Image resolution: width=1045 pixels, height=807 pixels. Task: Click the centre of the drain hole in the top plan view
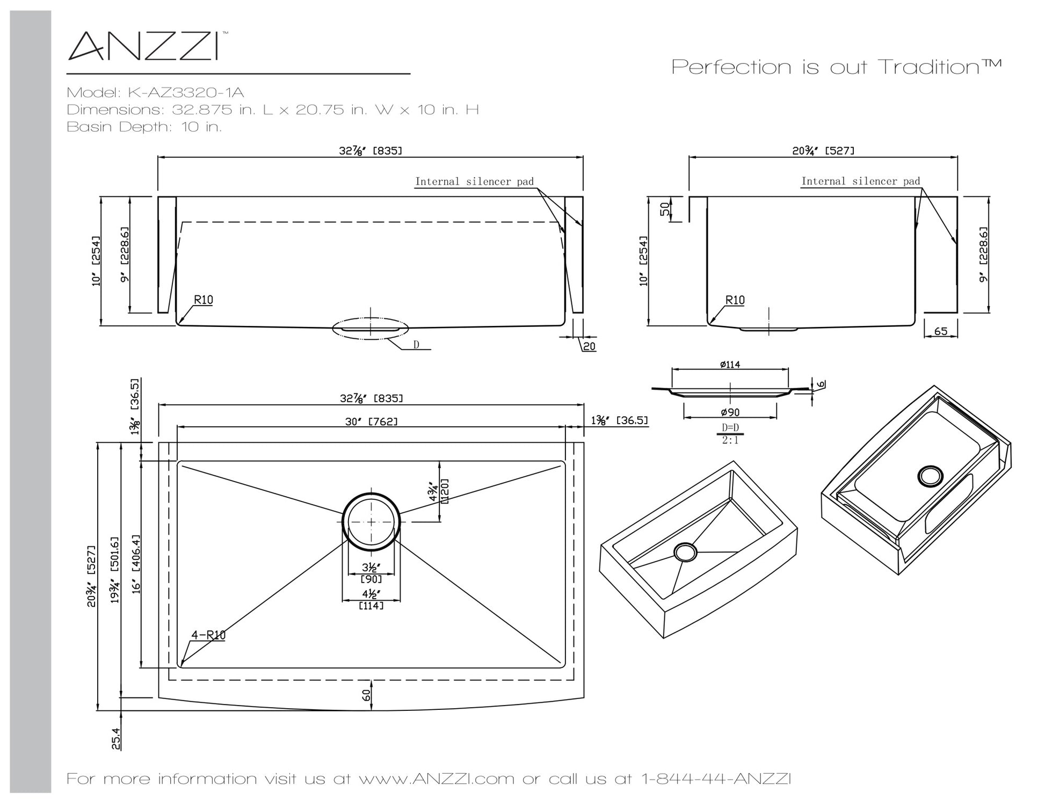coord(371,521)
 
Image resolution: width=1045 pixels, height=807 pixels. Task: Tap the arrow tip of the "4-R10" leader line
coord(181,666)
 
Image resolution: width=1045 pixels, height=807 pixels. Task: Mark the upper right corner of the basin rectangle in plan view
coord(565,461)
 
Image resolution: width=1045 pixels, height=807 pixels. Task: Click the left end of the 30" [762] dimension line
coord(177,427)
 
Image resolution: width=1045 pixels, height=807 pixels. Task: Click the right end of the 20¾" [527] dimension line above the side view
coord(957,157)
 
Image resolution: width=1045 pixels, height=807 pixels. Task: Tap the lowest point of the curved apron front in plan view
coord(371,711)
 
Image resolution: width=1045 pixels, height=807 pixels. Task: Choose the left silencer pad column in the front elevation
coord(166,255)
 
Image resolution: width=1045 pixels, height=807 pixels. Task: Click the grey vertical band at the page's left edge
coord(31,401)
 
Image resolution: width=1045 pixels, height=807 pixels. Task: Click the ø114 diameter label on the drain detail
coord(730,365)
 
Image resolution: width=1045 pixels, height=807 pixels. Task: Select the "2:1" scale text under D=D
coord(730,440)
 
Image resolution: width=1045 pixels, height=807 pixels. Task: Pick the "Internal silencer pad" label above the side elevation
coord(861,181)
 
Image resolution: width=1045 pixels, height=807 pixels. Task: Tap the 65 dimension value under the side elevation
coord(941,331)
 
